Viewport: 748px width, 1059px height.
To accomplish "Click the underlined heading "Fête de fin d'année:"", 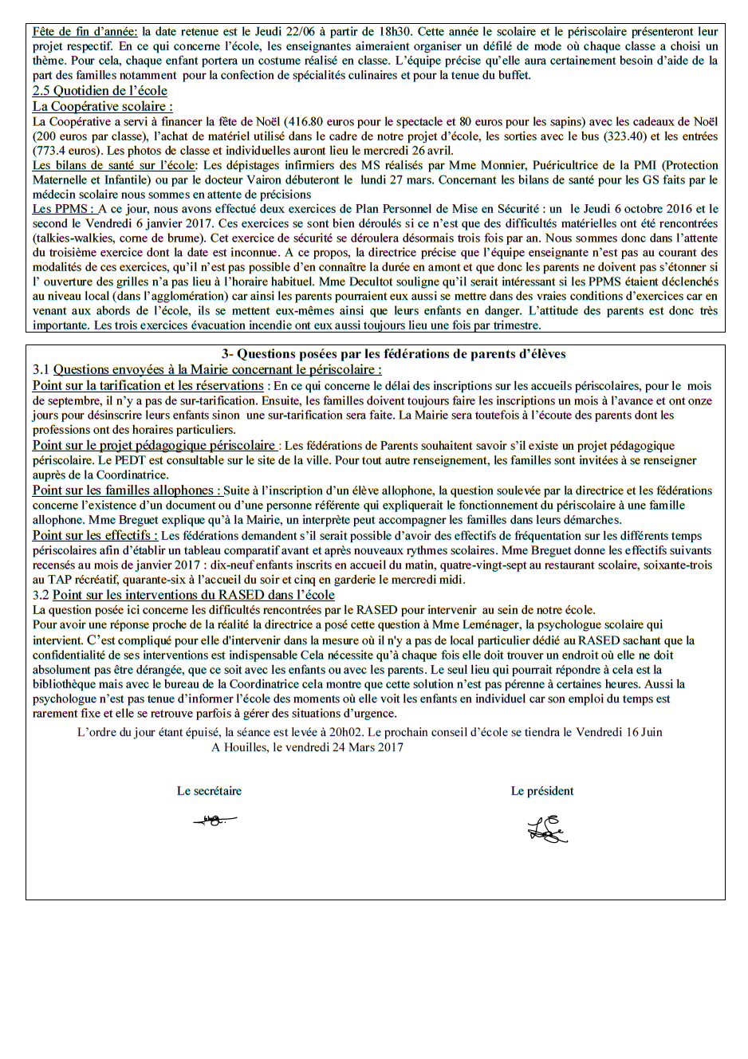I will pyautogui.click(x=85, y=32).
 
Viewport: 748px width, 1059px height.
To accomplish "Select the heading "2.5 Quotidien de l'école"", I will pyautogui.click(x=100, y=91).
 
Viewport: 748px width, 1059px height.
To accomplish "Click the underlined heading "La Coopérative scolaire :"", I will pyautogui.click(x=102, y=106).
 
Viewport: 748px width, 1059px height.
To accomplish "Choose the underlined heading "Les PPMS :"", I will pyautogui.click(x=63, y=209).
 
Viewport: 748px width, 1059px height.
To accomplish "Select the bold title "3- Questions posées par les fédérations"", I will pyautogui.click(x=393, y=354).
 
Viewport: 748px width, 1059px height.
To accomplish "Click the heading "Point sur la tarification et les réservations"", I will pyautogui.click(x=148, y=386).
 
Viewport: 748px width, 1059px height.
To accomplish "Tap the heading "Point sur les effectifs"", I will pyautogui.click(x=95, y=536).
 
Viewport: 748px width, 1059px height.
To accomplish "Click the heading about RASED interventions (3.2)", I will pyautogui.click(x=193, y=595).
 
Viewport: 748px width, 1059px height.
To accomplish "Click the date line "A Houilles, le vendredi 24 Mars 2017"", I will pyautogui.click(x=307, y=747).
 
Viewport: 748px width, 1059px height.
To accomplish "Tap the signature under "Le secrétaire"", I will pyautogui.click(x=214, y=820).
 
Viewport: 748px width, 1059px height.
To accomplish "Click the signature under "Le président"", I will pyautogui.click(x=546, y=829).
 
